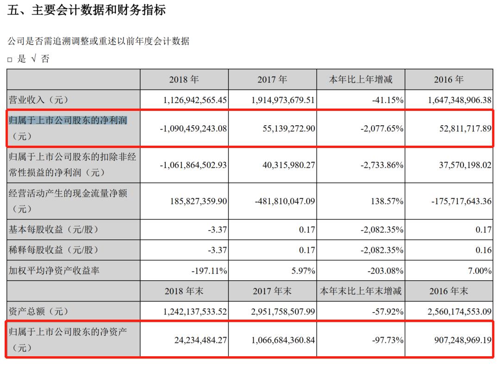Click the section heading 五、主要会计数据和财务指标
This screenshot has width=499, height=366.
click(x=87, y=10)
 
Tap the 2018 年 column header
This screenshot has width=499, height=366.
click(x=184, y=79)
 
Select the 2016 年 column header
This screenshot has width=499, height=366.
click(x=449, y=79)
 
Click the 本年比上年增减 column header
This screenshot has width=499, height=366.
click(x=361, y=79)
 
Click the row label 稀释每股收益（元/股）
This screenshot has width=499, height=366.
click(x=54, y=250)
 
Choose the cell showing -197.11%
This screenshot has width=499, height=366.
click(x=209, y=270)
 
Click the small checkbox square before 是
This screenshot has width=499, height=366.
click(x=10, y=60)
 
